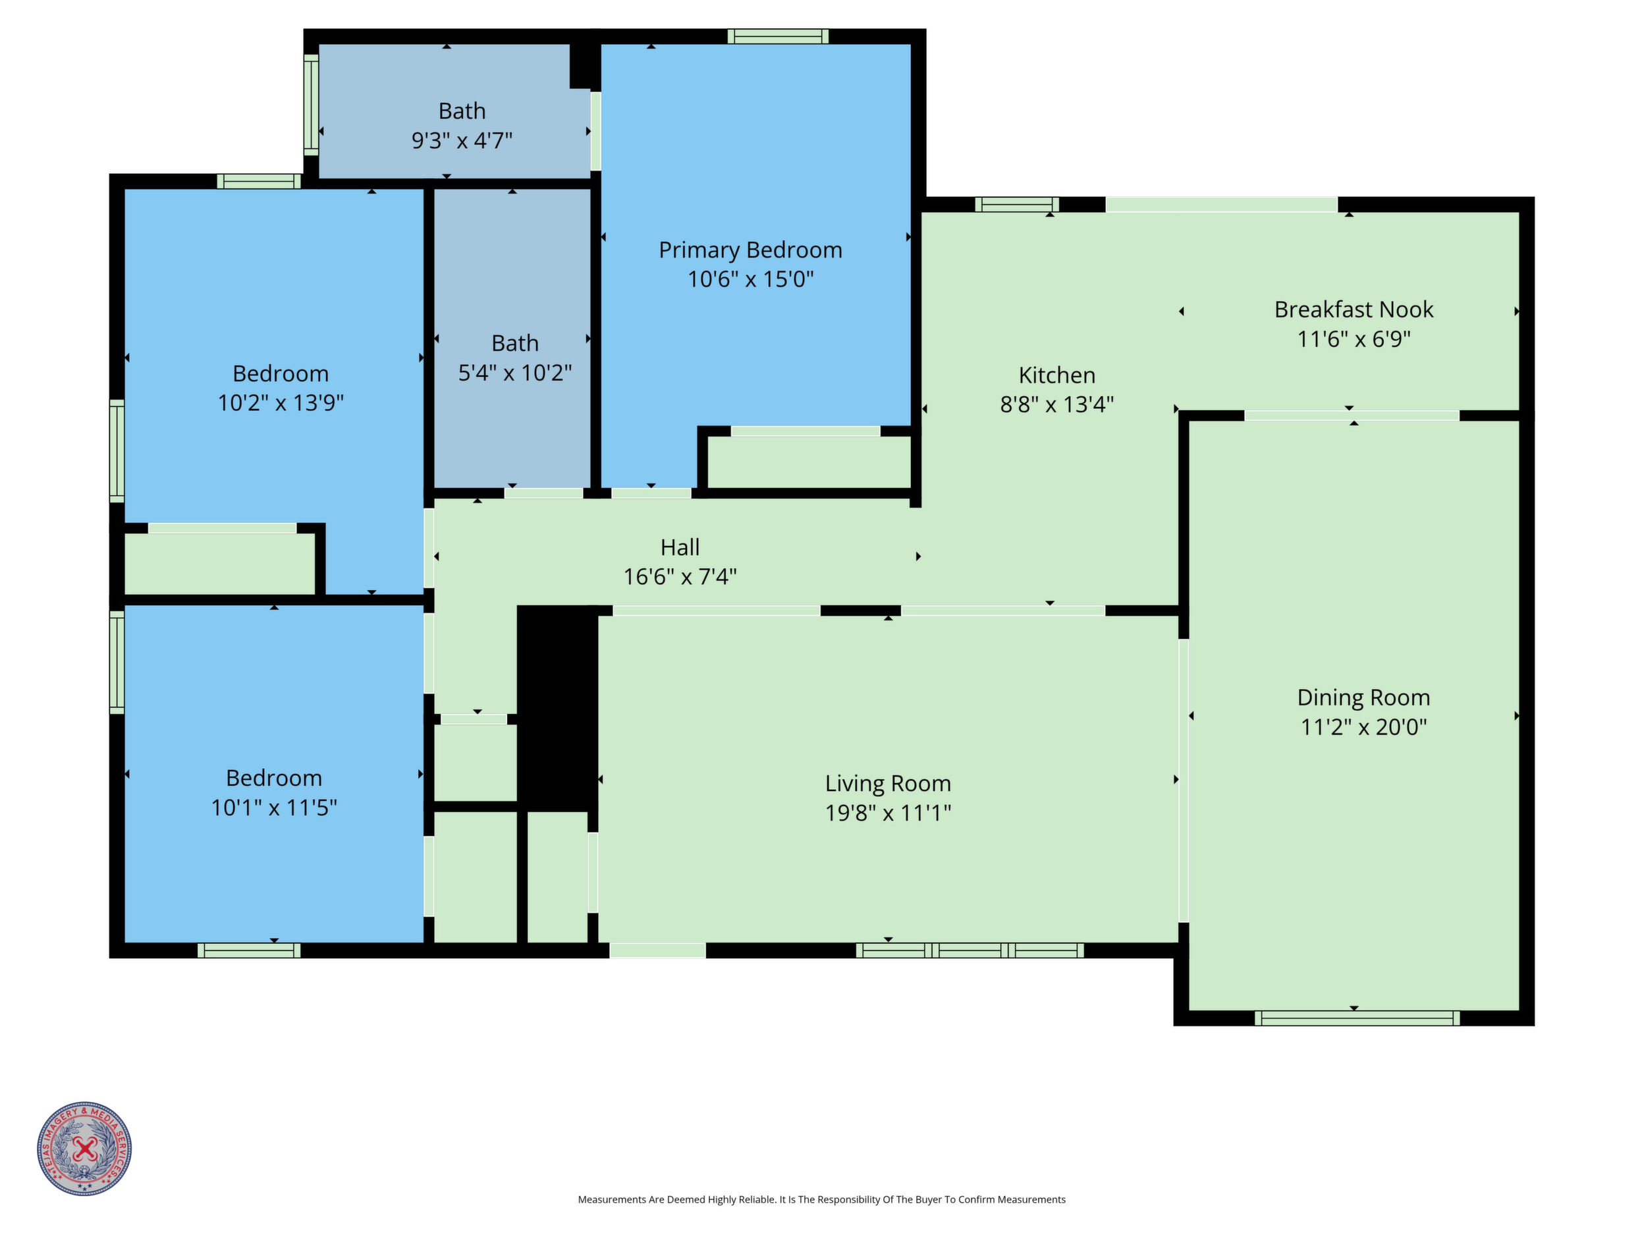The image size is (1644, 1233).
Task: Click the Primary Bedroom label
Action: pos(751,250)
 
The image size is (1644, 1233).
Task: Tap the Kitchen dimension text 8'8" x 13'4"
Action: pos(1057,404)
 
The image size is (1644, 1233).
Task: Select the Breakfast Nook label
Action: pos(1354,309)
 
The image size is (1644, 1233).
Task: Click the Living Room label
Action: pos(888,783)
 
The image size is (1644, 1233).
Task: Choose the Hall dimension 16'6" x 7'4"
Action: pos(680,577)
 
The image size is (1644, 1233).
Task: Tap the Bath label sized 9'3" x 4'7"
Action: pos(462,111)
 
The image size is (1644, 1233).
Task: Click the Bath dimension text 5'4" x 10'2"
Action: pos(515,372)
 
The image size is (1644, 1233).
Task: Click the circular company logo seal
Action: pos(85,1148)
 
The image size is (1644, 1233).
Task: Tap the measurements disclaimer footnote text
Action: pos(822,1199)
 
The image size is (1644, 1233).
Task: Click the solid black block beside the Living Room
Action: pos(557,708)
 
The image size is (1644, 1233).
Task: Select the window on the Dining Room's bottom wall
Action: pos(1357,1018)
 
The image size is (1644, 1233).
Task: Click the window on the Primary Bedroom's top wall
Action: pos(778,36)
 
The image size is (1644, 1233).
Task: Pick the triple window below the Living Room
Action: pos(970,950)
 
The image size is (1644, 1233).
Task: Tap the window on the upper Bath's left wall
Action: pos(312,105)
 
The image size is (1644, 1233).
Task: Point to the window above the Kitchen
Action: pos(1018,204)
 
